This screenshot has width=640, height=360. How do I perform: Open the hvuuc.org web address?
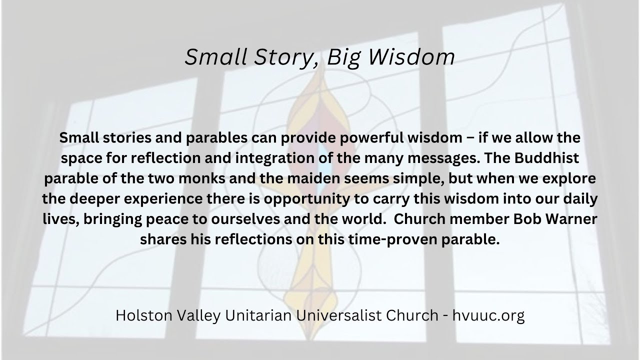point(488,316)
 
